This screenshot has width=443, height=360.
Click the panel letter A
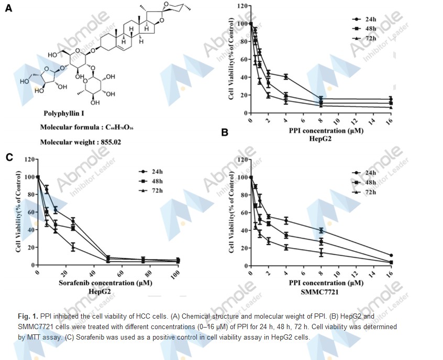coord(9,8)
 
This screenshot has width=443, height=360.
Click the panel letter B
coord(225,132)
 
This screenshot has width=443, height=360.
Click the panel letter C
coord(9,157)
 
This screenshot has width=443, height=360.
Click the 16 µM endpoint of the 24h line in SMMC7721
coord(391,255)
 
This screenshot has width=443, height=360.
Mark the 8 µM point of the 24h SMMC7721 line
coord(321,230)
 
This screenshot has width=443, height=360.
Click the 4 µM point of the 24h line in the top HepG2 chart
coord(285,77)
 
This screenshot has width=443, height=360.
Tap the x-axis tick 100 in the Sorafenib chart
coord(178,274)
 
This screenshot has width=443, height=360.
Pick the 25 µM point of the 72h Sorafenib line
coord(73,247)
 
